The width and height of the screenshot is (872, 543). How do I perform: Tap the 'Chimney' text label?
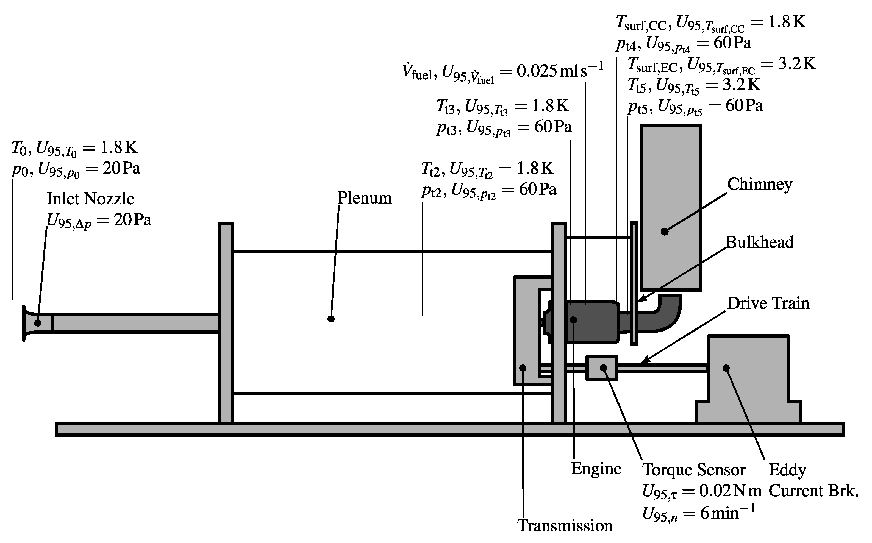pyautogui.click(x=760, y=185)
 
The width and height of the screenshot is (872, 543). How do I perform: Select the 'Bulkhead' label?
pyautogui.click(x=760, y=243)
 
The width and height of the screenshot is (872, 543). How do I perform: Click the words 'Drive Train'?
pyautogui.click(x=768, y=303)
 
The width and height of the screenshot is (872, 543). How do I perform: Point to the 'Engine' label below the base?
pyautogui.click(x=596, y=469)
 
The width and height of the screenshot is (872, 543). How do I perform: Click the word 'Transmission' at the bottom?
pyautogui.click(x=565, y=526)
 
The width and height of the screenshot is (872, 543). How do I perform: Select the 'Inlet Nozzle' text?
pyautogui.click(x=90, y=199)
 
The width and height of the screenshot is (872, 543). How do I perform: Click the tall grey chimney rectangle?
pyautogui.click(x=671, y=187)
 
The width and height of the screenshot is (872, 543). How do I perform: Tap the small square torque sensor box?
pyautogui.click(x=602, y=368)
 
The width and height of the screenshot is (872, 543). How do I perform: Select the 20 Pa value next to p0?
pyautogui.click(x=121, y=168)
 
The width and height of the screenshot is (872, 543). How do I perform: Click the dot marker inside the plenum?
pyautogui.click(x=331, y=319)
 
